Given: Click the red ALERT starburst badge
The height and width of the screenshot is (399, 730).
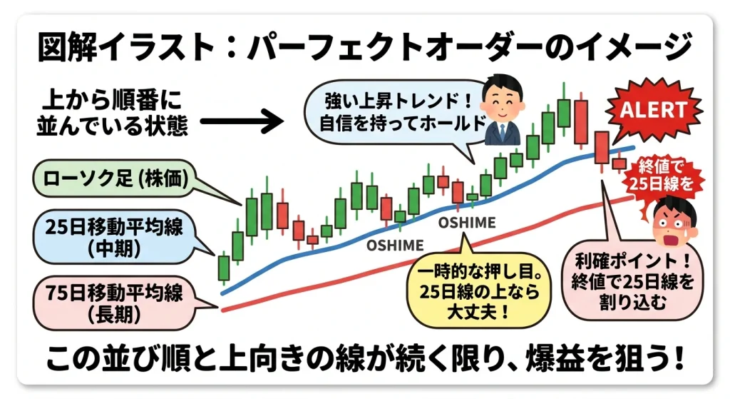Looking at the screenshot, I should point(653,110).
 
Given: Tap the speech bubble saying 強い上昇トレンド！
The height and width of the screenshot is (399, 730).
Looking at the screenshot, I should point(389,115).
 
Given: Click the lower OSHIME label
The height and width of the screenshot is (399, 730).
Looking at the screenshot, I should point(394,245).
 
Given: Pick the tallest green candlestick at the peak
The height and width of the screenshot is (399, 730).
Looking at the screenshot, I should point(564,113).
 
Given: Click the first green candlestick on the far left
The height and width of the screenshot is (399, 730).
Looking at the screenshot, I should point(224,268).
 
